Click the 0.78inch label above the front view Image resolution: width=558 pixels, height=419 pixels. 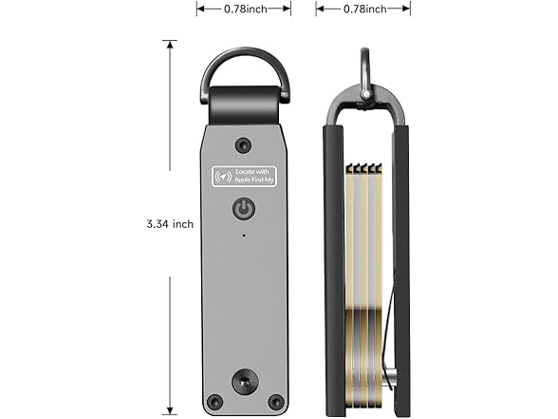244,9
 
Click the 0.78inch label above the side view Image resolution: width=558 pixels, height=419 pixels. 363,9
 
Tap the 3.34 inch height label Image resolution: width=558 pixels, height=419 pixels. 170,224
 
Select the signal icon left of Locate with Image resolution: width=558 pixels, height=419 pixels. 225,176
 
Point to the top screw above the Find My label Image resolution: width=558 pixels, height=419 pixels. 244,144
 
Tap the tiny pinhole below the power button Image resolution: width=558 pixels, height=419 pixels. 244,234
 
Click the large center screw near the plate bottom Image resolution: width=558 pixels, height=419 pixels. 244,382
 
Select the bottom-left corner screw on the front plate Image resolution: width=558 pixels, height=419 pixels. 214,401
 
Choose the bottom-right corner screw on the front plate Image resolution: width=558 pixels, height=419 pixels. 275,401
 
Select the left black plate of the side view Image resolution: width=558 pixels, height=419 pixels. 334,266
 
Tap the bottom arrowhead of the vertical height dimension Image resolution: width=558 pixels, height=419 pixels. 170,405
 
